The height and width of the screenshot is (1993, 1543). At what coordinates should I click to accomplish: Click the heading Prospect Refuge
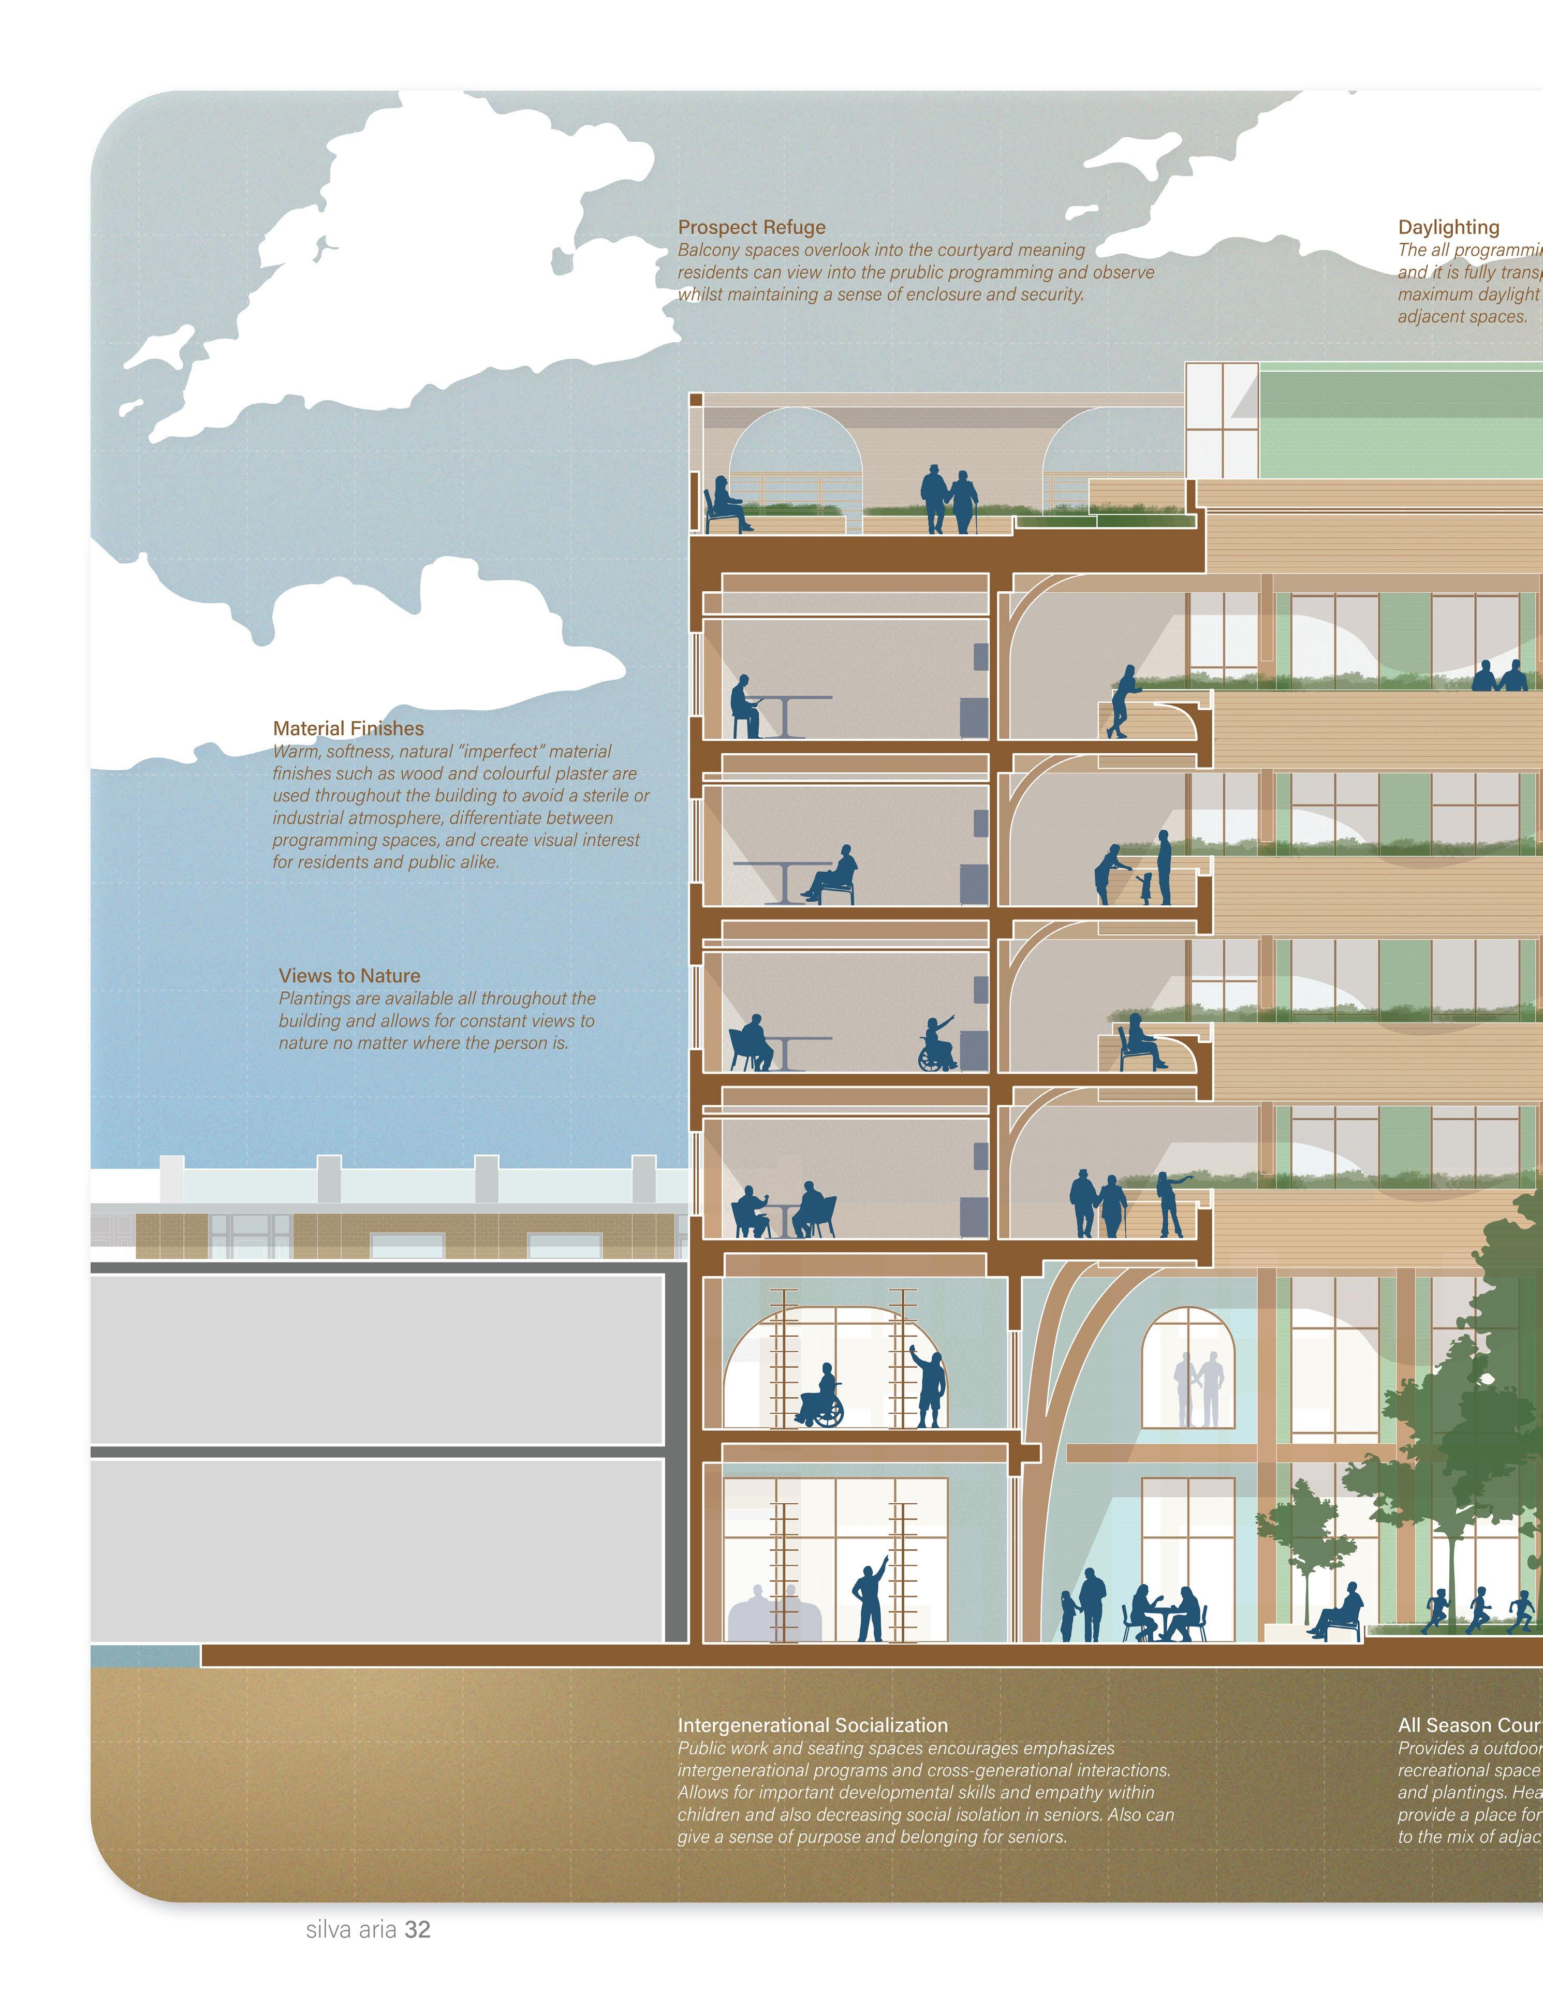point(751,227)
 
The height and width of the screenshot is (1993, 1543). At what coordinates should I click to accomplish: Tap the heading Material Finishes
point(348,728)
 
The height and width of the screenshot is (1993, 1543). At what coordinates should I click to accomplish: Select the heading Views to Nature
point(349,975)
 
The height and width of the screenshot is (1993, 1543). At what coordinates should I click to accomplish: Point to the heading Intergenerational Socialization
point(812,1725)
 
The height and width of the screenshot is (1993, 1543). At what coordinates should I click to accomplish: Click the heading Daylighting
point(1448,227)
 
